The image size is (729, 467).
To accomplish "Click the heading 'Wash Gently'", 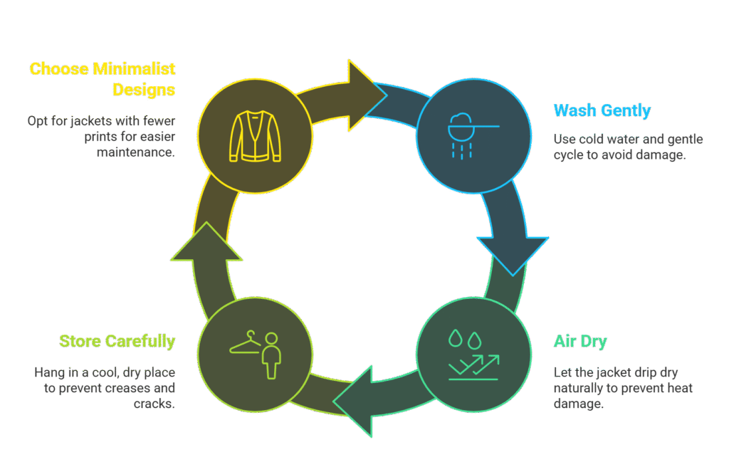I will click(602, 110).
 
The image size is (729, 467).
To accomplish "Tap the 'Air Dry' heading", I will click(580, 341).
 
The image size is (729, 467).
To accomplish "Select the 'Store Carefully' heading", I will click(117, 341).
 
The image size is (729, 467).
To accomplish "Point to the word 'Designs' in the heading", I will click(144, 90).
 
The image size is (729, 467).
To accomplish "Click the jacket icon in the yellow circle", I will click(255, 135).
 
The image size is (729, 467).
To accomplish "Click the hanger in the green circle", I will click(244, 343).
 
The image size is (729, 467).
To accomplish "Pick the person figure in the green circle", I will click(270, 355).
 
